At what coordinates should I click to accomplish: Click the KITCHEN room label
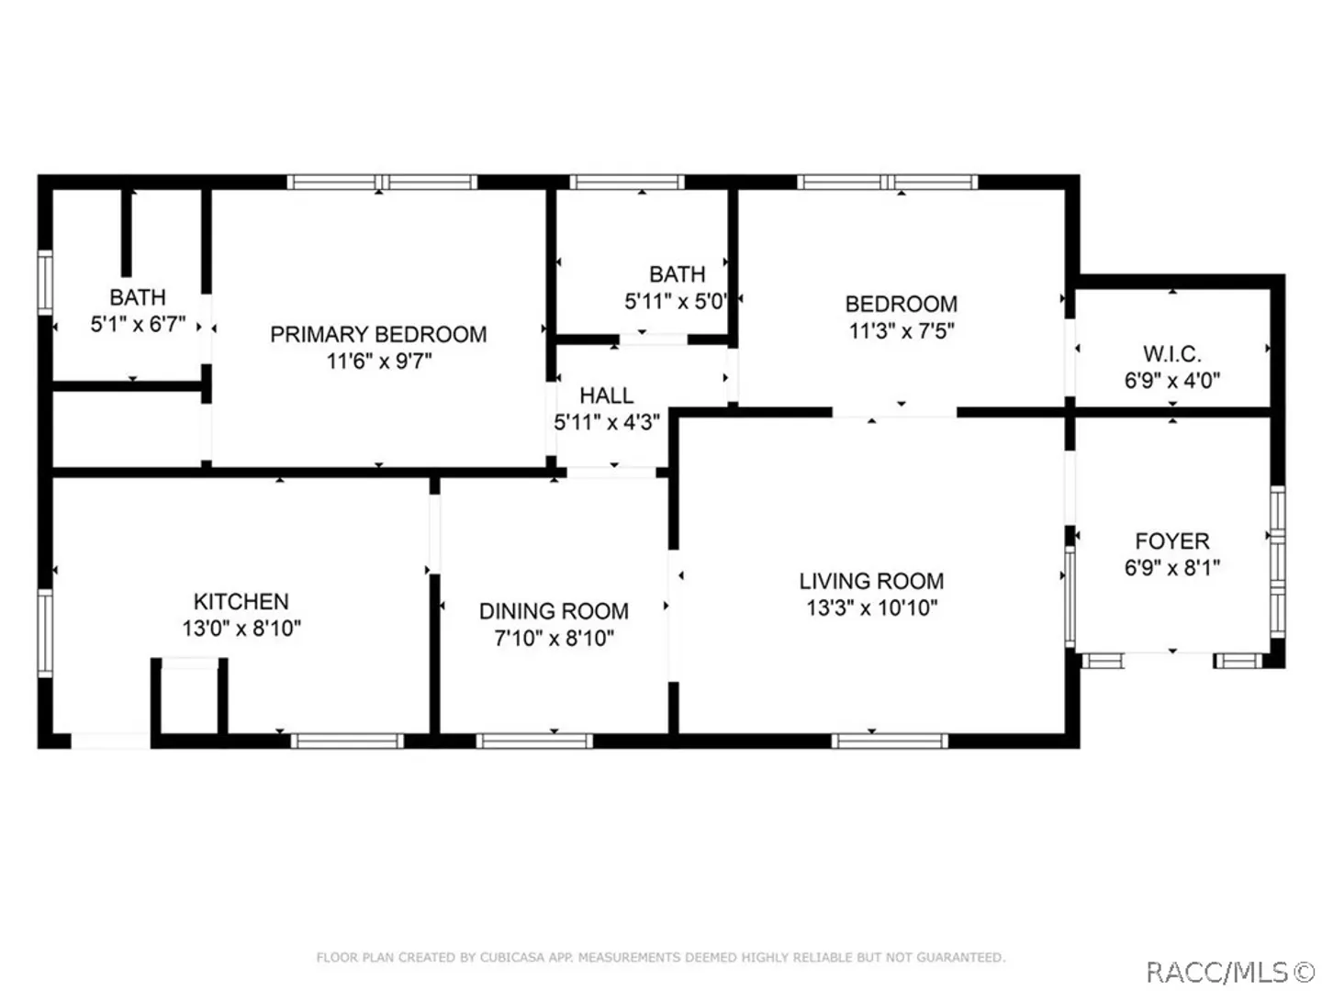241,601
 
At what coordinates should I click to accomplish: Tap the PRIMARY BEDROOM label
378,334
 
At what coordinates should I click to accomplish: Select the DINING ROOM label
554,611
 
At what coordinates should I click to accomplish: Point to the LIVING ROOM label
871,581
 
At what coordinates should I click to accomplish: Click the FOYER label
1172,541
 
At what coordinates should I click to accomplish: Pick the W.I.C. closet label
1172,354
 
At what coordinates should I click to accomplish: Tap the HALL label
607,395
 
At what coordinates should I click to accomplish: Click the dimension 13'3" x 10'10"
871,607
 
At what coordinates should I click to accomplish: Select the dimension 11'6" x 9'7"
379,361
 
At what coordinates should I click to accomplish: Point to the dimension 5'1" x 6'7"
138,324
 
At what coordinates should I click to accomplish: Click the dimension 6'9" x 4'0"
1172,380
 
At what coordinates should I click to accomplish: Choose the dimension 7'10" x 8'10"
555,638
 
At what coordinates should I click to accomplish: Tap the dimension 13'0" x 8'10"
241,629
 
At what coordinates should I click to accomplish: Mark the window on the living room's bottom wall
890,740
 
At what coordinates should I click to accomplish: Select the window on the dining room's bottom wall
534,740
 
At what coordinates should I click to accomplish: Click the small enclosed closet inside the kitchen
189,696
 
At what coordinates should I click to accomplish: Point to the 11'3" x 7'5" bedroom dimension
902,331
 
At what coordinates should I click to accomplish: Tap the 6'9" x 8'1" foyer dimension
1172,567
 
